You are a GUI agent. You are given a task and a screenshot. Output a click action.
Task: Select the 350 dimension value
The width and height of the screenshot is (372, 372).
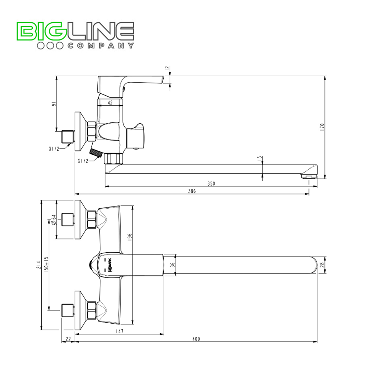tap(211, 183)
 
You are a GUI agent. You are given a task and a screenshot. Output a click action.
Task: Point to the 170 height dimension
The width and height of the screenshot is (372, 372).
tap(322, 127)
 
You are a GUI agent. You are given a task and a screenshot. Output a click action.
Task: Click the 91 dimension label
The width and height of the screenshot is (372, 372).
tap(53, 104)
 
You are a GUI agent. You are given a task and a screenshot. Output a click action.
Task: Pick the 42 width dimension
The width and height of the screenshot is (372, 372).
tap(110, 103)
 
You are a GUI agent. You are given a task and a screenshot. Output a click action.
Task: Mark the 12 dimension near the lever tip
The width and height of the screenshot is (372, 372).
tap(167, 69)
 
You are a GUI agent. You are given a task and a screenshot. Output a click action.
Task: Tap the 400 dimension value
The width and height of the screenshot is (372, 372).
tap(196, 339)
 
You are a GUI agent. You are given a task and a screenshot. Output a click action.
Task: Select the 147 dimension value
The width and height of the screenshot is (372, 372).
tap(119, 331)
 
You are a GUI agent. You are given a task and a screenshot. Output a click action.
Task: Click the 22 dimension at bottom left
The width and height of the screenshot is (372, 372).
tap(68, 339)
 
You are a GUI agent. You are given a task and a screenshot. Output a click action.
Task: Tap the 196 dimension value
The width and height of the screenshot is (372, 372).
tap(130, 237)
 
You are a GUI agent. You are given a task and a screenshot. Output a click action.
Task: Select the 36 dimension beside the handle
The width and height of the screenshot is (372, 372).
tap(172, 265)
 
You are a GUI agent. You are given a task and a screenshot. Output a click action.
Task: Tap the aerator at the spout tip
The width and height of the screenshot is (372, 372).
tap(309, 176)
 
